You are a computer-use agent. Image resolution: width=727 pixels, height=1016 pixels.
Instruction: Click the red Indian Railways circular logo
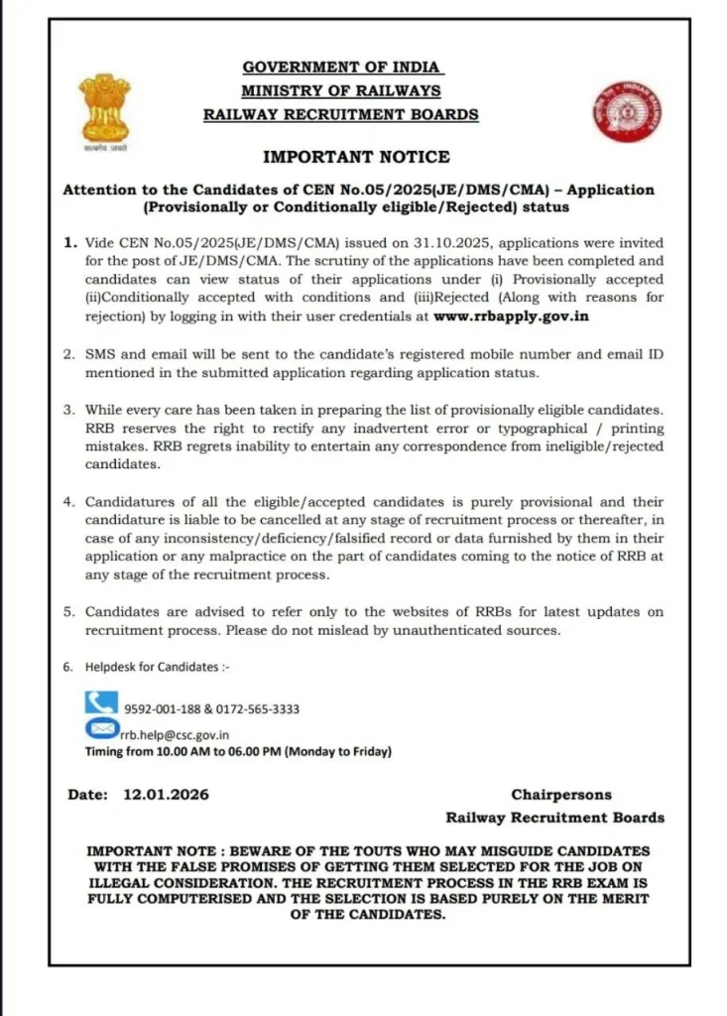[x=618, y=111]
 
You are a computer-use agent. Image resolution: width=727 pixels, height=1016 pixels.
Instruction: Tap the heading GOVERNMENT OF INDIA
[x=342, y=67]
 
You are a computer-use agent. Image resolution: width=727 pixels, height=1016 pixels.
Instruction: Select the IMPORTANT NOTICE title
[x=356, y=157]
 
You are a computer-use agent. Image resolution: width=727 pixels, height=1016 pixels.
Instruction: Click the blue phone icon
[x=100, y=703]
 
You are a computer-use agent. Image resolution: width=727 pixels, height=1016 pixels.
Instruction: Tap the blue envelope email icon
[x=100, y=729]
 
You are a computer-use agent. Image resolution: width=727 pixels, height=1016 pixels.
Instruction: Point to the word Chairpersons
[x=561, y=795]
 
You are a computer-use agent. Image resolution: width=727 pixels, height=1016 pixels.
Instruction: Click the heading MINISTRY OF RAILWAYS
[x=341, y=91]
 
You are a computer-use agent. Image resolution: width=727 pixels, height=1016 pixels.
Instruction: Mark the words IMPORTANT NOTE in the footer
[x=146, y=851]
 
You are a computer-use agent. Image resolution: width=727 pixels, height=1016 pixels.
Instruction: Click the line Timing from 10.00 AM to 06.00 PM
[x=238, y=752]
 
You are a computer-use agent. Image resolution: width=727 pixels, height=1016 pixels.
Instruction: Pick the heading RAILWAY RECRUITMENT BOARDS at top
[x=341, y=114]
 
